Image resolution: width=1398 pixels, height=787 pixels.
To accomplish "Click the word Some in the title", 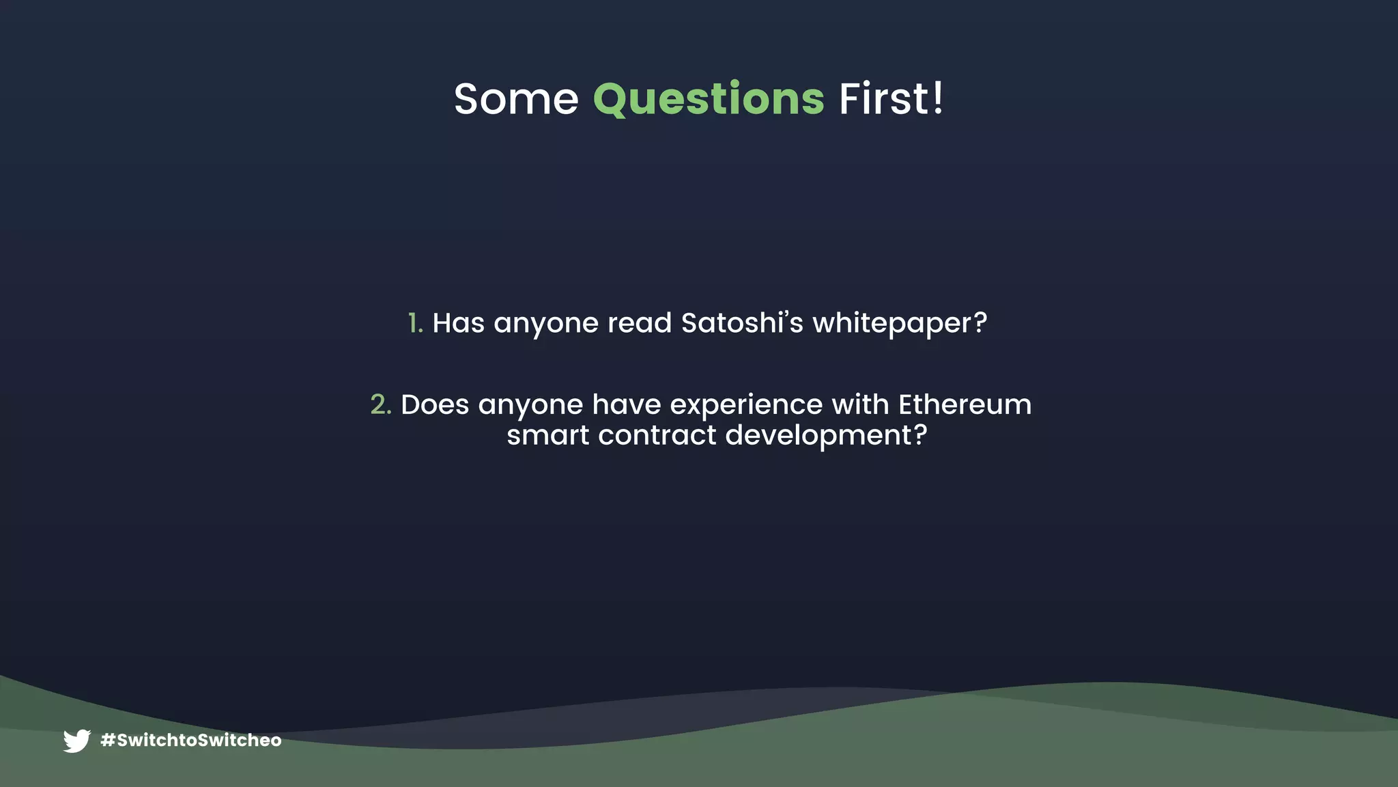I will click(x=516, y=99).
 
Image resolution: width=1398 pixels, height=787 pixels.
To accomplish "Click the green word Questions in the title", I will click(x=709, y=99).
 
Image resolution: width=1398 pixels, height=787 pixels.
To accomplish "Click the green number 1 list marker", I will click(x=414, y=323).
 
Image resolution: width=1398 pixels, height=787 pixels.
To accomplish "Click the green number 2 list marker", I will click(x=380, y=404).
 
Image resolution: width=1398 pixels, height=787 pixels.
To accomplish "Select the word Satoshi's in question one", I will click(x=742, y=323).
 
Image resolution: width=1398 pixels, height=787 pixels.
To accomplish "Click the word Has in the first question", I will click(x=458, y=323).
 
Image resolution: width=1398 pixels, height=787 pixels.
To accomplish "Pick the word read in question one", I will click(x=640, y=323).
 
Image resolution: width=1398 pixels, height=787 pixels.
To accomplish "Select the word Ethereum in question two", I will click(x=965, y=404).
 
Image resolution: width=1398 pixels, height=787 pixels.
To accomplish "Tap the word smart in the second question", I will click(x=547, y=435).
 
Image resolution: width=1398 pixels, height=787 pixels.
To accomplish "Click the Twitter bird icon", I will click(x=77, y=741).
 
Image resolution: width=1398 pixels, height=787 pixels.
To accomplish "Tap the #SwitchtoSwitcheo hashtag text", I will click(x=191, y=741).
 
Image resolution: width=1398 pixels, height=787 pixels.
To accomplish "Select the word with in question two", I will click(x=860, y=404).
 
